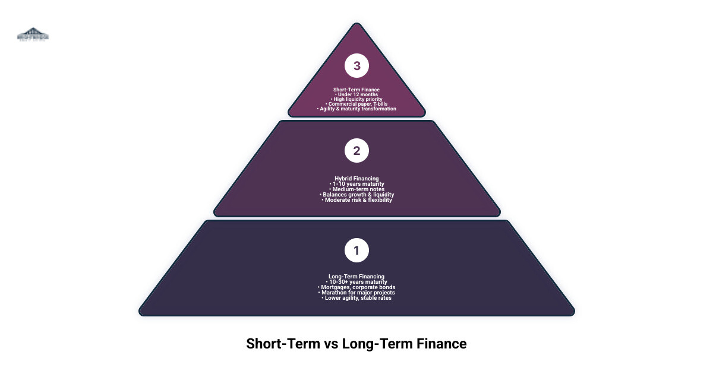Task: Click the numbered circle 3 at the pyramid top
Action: pyautogui.click(x=356, y=66)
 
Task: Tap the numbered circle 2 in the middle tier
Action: pyautogui.click(x=356, y=151)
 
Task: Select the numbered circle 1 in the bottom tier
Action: pyautogui.click(x=356, y=251)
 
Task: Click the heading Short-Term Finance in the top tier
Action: pyautogui.click(x=356, y=90)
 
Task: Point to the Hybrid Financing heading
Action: pyautogui.click(x=356, y=178)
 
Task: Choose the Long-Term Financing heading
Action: pyautogui.click(x=356, y=276)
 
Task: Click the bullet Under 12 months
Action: pyautogui.click(x=357, y=94)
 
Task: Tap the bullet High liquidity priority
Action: pyautogui.click(x=357, y=99)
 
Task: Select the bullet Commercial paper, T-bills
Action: pyautogui.click(x=357, y=104)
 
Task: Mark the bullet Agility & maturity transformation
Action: pyautogui.click(x=357, y=109)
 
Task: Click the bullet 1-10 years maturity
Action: pyautogui.click(x=357, y=183)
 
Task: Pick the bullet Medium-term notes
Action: pyautogui.click(x=357, y=189)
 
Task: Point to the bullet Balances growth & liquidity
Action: pyautogui.click(x=357, y=194)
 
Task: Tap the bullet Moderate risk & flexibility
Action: pyautogui.click(x=357, y=199)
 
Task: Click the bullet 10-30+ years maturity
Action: pyautogui.click(x=357, y=281)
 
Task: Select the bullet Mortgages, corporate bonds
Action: pyautogui.click(x=357, y=287)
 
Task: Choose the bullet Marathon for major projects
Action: pyautogui.click(x=357, y=292)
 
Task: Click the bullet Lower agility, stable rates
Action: pyautogui.click(x=357, y=297)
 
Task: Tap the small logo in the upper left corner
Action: pyautogui.click(x=33, y=34)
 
